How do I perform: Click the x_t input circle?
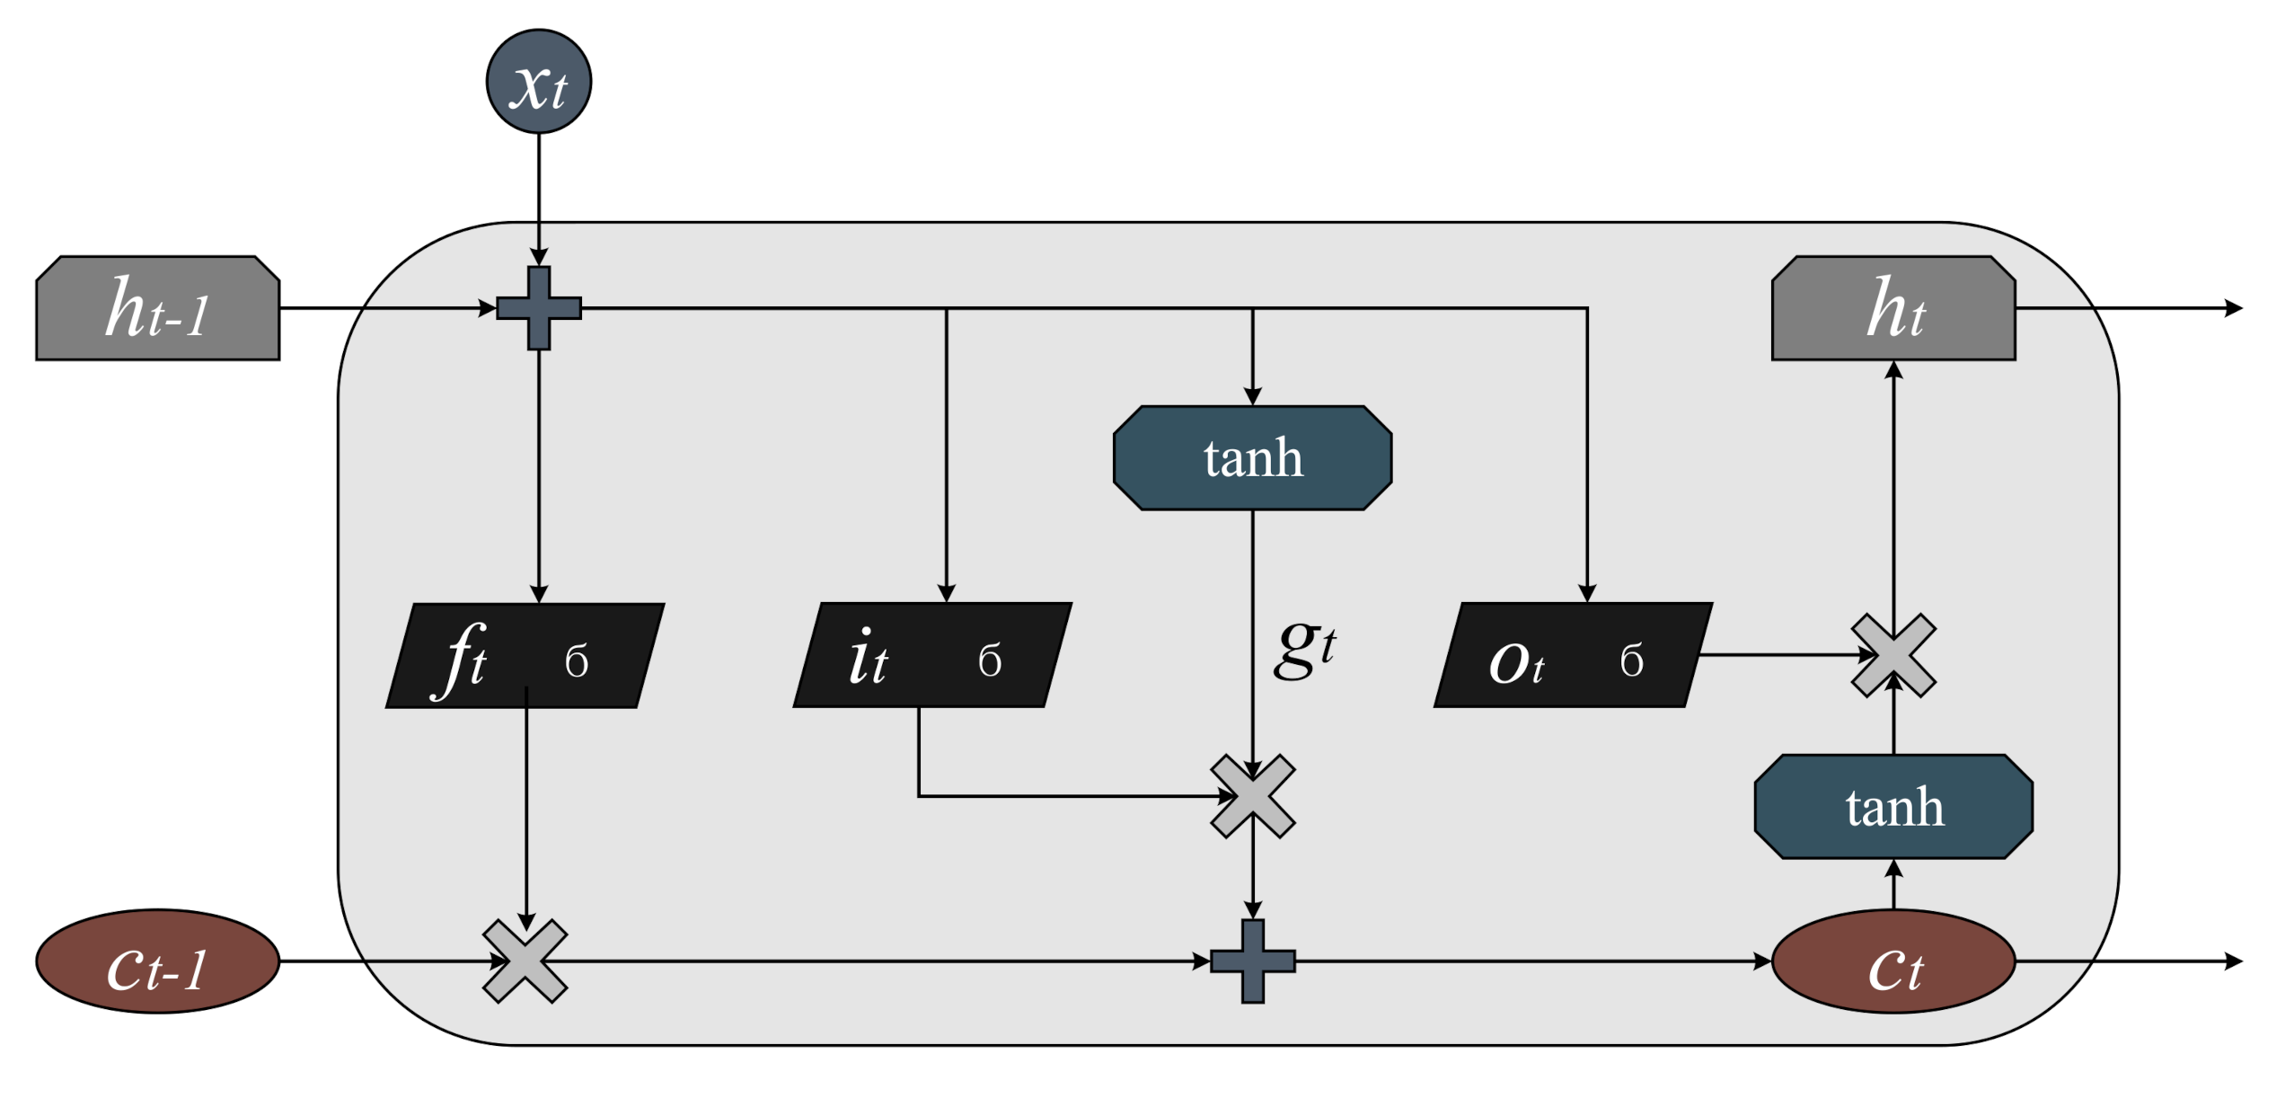[538, 82]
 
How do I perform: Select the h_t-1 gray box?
[157, 308]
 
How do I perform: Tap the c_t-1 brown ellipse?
[157, 961]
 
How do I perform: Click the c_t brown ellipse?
[1893, 961]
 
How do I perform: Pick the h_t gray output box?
[1893, 308]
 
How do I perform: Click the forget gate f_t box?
[525, 656]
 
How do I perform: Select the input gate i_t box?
[932, 655]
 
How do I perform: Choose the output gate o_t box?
[1573, 655]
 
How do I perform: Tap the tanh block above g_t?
[1252, 458]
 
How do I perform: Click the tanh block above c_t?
[1893, 807]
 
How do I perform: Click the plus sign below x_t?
[539, 308]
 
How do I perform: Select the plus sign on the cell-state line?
[1252, 961]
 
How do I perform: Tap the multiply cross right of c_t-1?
[525, 961]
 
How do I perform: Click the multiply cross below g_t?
[1252, 796]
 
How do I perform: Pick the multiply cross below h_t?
[1893, 655]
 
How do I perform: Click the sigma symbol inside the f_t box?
[577, 661]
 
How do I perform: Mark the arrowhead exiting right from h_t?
[2233, 308]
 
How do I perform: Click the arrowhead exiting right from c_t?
[2233, 961]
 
